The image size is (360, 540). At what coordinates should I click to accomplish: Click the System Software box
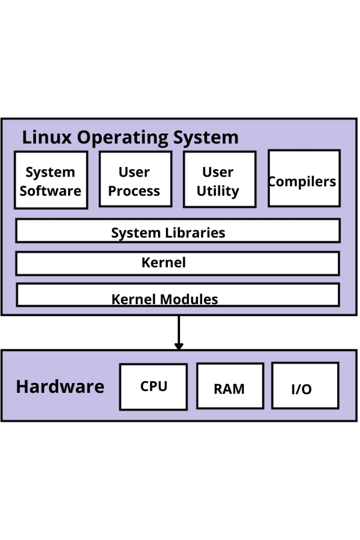(51, 180)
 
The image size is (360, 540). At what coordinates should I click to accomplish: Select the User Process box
(135, 179)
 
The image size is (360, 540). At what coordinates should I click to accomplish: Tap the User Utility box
(219, 179)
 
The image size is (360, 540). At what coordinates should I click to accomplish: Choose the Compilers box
(304, 179)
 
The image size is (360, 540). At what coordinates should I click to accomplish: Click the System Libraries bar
(178, 231)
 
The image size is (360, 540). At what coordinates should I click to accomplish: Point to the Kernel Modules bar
(178, 295)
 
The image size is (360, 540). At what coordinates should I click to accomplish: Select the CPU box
(153, 387)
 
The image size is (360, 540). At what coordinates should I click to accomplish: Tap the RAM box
(230, 386)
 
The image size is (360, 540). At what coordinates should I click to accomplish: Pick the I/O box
(305, 385)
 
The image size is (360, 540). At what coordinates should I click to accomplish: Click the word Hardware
(60, 387)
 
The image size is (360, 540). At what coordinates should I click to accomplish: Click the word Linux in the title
(47, 137)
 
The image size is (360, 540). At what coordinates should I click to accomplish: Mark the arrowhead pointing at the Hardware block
(179, 346)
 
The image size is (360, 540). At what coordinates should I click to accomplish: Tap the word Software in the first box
(51, 191)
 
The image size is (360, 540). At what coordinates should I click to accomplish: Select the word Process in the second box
(134, 191)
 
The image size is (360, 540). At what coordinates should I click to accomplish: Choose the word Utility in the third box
(217, 191)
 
